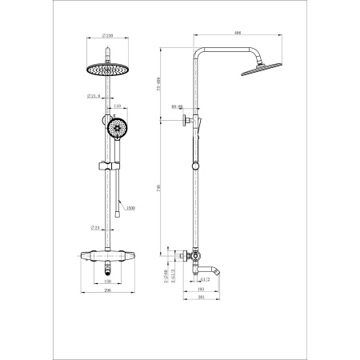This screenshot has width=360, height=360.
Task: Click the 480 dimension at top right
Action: (x=238, y=33)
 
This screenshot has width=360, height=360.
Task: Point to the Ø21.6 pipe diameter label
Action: (x=93, y=97)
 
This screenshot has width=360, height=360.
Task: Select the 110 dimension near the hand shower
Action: (x=117, y=106)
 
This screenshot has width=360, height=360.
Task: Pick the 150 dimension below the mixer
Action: (x=109, y=282)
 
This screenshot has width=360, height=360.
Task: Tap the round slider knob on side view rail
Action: (x=194, y=167)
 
